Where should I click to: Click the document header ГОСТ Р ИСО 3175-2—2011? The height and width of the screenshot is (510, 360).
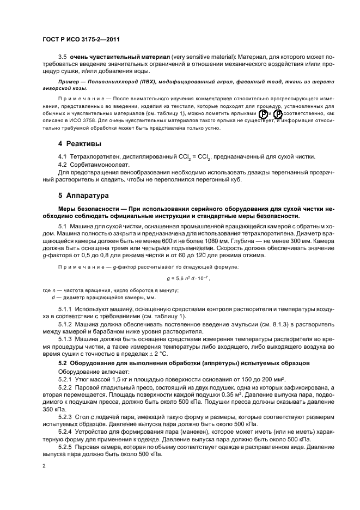click(x=80, y=40)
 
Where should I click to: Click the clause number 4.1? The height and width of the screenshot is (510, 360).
click(x=62, y=156)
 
